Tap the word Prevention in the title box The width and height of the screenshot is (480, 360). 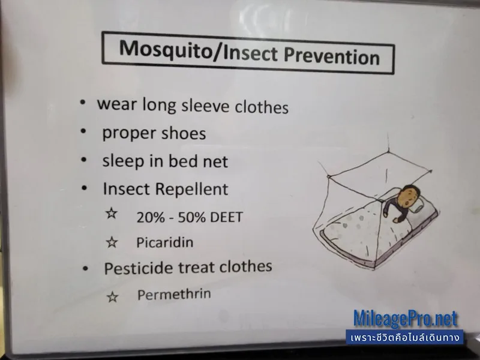point(332,55)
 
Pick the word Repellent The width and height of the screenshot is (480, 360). point(191,189)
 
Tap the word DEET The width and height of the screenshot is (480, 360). point(226,217)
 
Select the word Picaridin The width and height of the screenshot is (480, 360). point(164,242)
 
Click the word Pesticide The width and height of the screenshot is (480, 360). point(139,268)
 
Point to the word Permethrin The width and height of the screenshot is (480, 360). point(174,294)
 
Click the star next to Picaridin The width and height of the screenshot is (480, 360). point(112,242)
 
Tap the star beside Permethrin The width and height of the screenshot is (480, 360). point(112,297)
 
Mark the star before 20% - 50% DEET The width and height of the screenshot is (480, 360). point(112,213)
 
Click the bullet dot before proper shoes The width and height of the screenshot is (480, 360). point(83,131)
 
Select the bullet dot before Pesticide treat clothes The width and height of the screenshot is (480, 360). point(85,269)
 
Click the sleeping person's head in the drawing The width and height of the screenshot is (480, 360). point(410,196)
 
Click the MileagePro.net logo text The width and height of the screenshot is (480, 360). point(406,318)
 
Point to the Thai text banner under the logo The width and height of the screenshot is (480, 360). point(404,337)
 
